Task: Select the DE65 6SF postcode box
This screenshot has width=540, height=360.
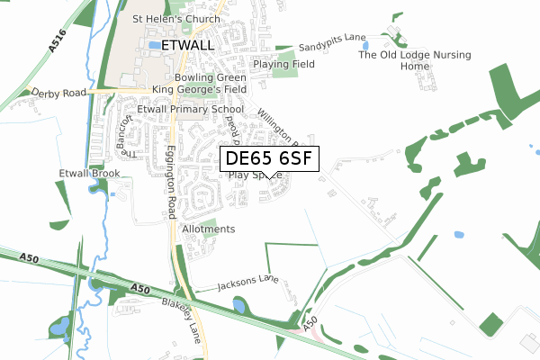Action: [269, 159]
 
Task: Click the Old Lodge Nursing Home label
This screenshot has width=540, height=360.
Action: [415, 60]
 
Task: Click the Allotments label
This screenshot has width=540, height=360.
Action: [208, 229]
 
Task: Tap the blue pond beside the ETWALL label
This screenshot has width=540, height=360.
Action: [156, 44]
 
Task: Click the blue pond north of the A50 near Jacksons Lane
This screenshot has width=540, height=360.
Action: [239, 306]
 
